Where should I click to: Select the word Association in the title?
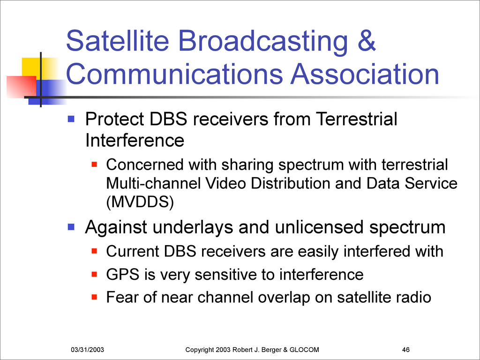(365, 74)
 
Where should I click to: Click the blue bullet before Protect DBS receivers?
(71, 119)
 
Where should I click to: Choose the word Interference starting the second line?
(135, 141)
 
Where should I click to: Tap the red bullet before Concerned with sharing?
(94, 165)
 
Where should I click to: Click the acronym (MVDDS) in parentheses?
(140, 202)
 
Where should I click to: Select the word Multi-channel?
(153, 183)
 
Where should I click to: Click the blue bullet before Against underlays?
(71, 227)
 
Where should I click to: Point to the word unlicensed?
(320, 227)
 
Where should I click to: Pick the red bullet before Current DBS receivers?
(94, 251)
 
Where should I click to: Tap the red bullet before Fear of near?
(94, 297)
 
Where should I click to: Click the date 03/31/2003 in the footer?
(87, 350)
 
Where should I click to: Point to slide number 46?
(406, 350)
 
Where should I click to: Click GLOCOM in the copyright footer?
(304, 350)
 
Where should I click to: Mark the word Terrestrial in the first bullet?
(356, 119)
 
